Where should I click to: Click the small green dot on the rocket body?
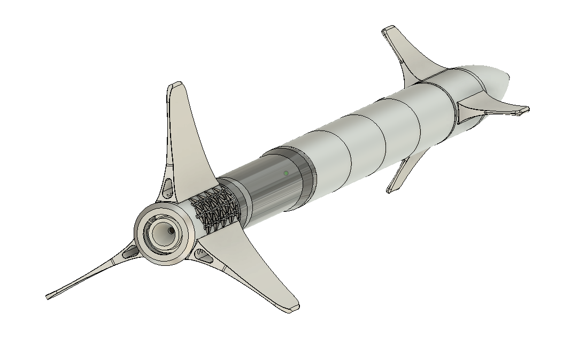click(286, 173)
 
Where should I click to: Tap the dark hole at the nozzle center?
click(171, 231)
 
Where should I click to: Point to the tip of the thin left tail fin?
click(50, 295)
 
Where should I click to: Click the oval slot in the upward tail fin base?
click(168, 187)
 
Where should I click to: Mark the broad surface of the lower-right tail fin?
click(257, 267)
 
